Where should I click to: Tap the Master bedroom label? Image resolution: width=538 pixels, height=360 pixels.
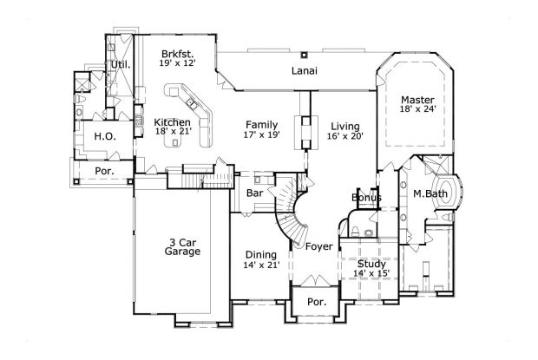[417, 99]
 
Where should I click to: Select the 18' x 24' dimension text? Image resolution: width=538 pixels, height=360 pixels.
[417, 110]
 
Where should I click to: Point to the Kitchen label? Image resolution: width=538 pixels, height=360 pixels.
[173, 122]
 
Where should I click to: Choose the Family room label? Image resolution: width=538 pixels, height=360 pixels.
[261, 124]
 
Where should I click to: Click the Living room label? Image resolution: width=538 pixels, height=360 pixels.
[344, 126]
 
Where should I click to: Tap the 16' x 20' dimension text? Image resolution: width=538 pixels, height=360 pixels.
[344, 136]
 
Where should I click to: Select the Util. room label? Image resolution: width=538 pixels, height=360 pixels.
[119, 65]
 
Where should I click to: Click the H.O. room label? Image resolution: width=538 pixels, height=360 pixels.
[92, 135]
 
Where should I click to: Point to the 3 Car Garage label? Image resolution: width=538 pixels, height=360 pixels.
[182, 245]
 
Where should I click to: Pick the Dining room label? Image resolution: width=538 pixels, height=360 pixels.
[260, 254]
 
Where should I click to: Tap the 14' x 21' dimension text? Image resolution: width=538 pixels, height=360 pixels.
[260, 265]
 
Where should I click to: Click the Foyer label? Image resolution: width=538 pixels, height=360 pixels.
[318, 246]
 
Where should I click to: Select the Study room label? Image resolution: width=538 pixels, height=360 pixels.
[371, 263]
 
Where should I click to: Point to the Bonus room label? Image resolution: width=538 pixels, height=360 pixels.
[366, 198]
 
